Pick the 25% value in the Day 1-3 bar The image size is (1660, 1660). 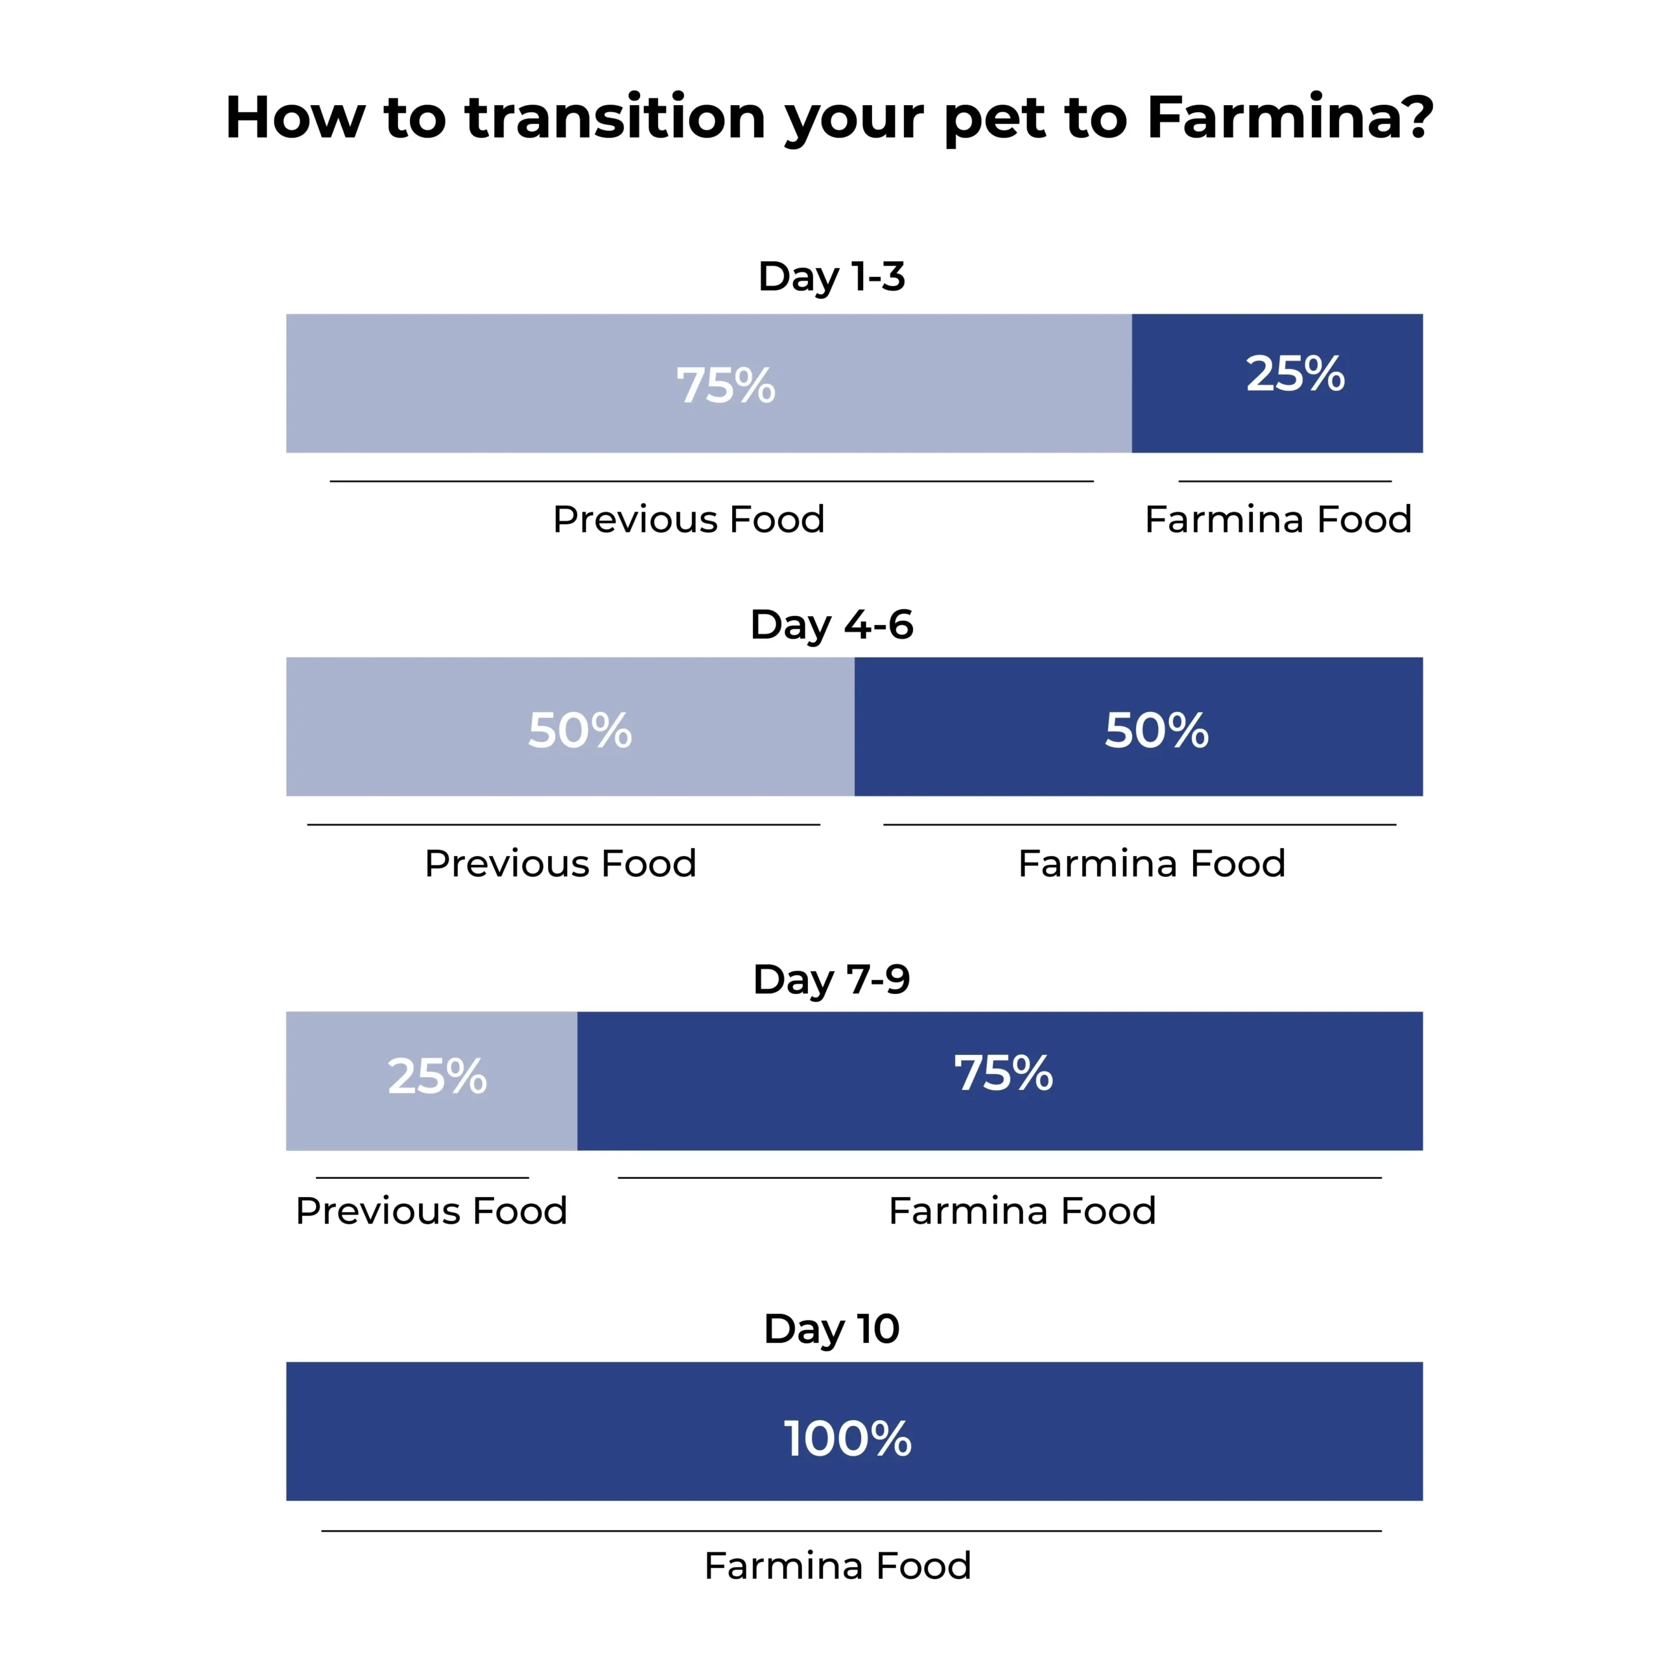click(x=1295, y=373)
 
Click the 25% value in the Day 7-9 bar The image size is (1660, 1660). click(x=437, y=1076)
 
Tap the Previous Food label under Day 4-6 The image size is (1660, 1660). click(x=560, y=864)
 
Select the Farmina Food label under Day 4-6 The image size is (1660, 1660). click(x=1152, y=864)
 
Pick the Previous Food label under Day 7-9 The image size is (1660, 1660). click(x=431, y=1211)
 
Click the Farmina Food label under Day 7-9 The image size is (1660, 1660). click(x=1023, y=1211)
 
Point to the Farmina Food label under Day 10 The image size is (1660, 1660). click(x=838, y=1565)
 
